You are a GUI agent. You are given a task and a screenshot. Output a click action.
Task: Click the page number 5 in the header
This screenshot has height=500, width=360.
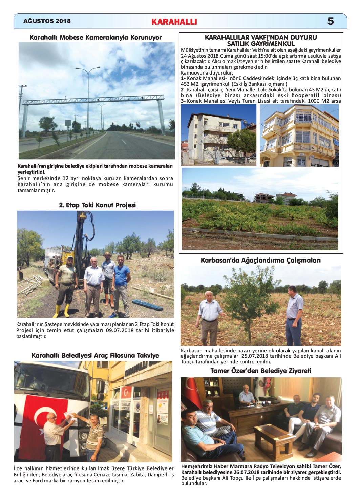tap(330, 21)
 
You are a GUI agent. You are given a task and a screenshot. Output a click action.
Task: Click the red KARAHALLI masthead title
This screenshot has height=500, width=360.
tap(174, 22)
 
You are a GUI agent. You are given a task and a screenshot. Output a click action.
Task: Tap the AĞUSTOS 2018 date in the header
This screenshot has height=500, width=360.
tap(47, 21)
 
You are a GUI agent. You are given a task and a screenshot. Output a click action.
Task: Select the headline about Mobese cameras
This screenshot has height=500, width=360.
tap(96, 37)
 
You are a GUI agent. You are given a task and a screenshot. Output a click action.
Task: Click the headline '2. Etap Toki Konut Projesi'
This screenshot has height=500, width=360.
tap(97, 205)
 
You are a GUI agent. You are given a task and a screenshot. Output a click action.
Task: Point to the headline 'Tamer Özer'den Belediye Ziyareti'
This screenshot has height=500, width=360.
tap(260, 371)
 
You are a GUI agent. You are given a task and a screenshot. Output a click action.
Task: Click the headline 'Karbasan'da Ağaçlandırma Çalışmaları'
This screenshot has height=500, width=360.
tap(260, 261)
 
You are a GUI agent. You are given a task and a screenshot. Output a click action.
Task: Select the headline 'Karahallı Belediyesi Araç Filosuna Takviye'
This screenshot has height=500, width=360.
tap(95, 355)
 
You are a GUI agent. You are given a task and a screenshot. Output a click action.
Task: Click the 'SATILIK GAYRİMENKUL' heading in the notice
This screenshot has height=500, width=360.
tap(261, 44)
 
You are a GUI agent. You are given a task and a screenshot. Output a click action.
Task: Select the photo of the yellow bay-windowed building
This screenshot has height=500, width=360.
tap(299, 135)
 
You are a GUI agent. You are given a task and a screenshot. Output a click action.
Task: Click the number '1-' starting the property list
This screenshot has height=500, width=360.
tap(183, 78)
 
